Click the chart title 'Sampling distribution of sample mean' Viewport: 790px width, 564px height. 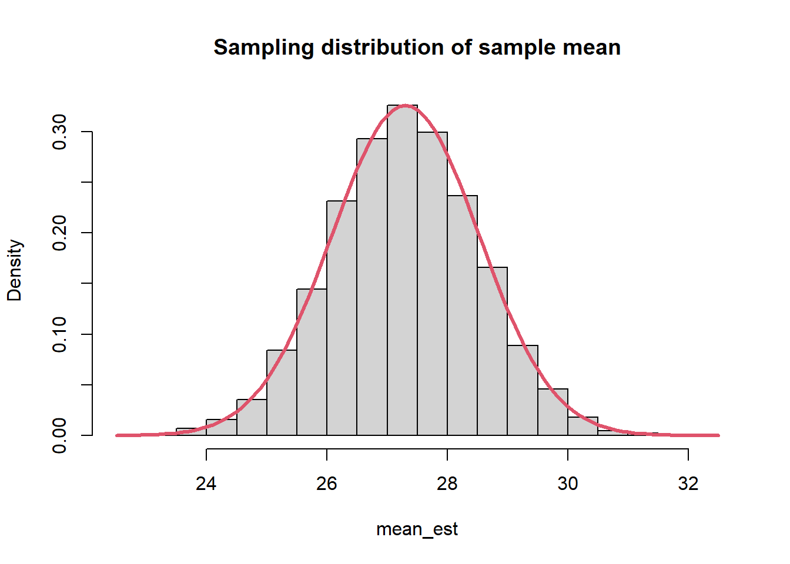[417, 47]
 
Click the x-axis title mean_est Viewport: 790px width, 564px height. [417, 529]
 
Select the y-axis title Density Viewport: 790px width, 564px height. [15, 270]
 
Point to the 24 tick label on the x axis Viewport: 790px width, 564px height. [206, 484]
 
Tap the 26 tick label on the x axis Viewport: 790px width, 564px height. [327, 484]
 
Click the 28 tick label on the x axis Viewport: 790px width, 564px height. [447, 484]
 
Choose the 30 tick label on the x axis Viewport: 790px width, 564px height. [568, 484]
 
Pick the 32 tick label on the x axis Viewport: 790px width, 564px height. [688, 484]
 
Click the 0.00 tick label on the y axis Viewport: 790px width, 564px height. [59, 435]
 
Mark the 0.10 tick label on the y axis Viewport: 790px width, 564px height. [59, 334]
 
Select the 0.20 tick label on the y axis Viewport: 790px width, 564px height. [59, 233]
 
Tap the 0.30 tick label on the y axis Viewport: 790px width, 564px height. [59, 132]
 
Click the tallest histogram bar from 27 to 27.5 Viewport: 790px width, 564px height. [402, 270]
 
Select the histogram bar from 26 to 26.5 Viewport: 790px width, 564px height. [342, 318]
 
